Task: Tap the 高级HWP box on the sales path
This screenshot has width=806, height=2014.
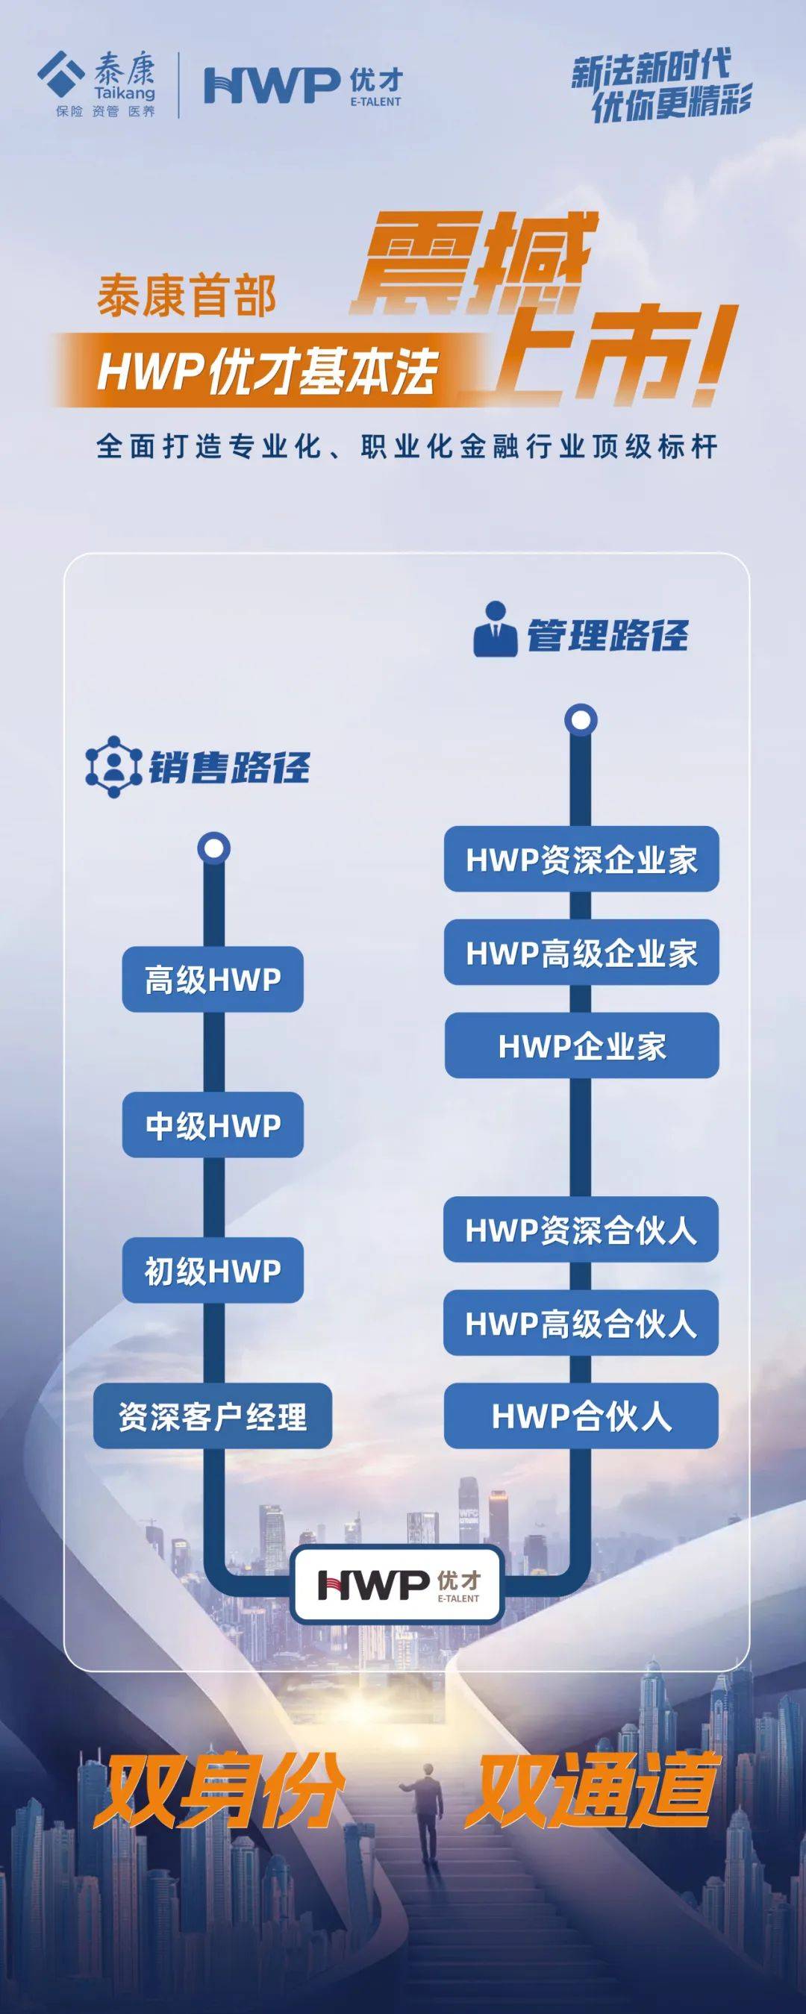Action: (213, 979)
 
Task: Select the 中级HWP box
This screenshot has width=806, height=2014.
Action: (213, 1125)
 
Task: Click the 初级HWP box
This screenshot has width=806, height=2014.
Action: (213, 1271)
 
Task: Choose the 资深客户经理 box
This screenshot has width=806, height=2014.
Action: (213, 1416)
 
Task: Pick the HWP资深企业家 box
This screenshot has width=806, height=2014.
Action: (581, 859)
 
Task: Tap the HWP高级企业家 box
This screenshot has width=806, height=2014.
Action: (581, 952)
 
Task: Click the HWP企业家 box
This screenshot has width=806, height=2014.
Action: (581, 1045)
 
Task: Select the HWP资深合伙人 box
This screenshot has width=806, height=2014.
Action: (581, 1230)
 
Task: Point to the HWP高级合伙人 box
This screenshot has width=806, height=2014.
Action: (581, 1323)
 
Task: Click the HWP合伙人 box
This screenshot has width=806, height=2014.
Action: (581, 1416)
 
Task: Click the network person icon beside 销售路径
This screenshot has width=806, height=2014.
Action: (113, 766)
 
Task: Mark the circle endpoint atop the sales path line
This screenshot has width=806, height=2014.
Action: (213, 848)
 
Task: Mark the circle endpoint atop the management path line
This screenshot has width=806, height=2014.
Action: (581, 719)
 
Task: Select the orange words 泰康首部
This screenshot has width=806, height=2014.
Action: (187, 298)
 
